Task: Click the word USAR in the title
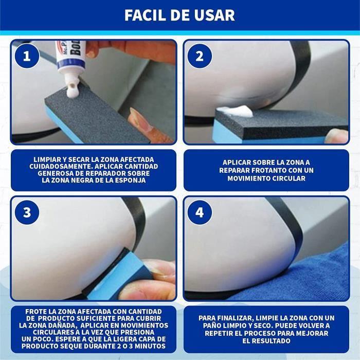212,15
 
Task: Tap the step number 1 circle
27,56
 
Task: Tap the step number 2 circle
200,56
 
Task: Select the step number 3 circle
27,212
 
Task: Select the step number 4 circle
200,212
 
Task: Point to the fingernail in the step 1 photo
138,117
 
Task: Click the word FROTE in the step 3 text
37,312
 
